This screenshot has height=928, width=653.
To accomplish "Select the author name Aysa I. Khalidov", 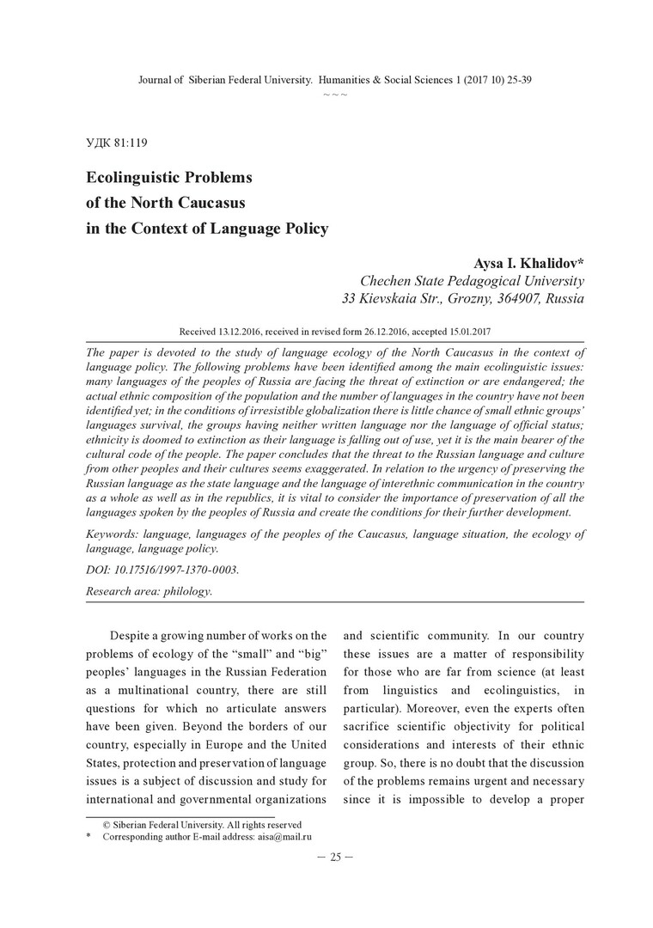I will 528,263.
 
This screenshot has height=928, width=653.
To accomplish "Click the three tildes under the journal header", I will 335,93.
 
